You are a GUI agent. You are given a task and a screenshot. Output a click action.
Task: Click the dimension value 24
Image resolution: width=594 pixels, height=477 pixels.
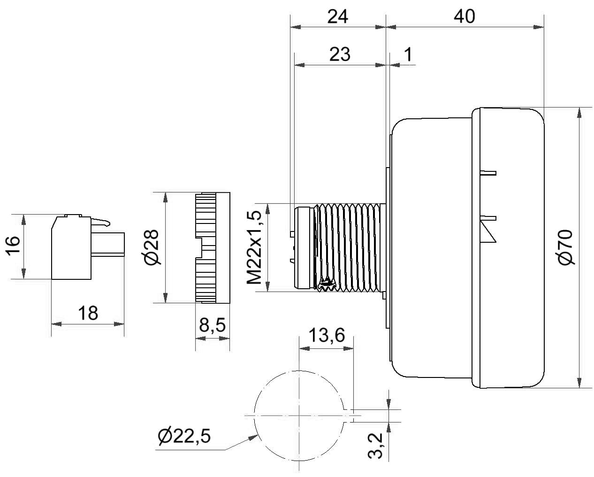337,16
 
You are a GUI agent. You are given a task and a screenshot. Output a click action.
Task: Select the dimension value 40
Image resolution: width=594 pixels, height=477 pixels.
465,16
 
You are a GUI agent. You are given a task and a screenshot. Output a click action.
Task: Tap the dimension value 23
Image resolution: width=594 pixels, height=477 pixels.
340,54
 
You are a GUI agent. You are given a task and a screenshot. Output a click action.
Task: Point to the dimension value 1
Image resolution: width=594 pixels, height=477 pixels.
408,54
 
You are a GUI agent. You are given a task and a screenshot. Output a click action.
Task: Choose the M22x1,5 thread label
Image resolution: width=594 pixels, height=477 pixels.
254,247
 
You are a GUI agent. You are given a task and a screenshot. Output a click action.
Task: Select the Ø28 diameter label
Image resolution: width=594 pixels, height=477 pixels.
152,247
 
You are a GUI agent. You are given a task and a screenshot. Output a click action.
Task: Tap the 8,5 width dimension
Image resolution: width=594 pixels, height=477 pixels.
212,325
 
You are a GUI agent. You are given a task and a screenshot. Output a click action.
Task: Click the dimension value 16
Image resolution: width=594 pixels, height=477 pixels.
13,246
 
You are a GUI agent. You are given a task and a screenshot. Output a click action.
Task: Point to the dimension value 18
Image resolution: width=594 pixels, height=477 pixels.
88,313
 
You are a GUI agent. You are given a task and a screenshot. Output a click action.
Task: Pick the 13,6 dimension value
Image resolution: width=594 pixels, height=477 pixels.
327,335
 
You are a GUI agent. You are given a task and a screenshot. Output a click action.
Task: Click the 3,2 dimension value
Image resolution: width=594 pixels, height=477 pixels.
375,450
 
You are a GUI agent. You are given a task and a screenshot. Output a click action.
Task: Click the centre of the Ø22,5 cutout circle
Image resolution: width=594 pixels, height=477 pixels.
299,415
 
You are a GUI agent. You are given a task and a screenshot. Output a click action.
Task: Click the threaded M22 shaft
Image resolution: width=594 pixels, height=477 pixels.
350,248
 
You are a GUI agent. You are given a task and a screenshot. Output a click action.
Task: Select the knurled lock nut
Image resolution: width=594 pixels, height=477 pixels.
213,248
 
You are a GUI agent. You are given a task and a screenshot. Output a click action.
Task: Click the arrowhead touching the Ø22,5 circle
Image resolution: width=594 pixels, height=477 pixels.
254,437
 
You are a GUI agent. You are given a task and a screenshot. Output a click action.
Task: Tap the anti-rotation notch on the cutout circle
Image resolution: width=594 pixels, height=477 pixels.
349,415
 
